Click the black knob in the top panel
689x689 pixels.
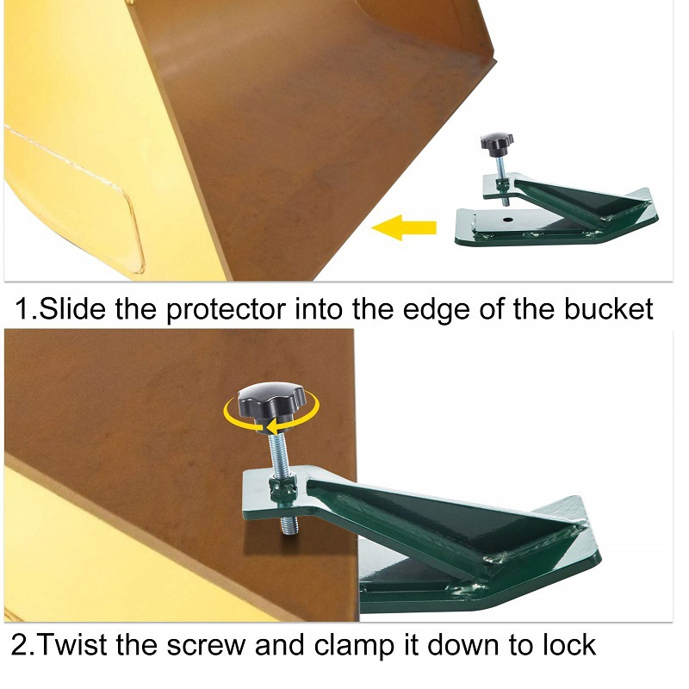[497, 145]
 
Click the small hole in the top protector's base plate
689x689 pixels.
[508, 220]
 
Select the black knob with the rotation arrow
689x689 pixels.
[266, 402]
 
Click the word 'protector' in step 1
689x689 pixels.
[226, 310]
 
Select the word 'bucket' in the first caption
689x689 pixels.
[608, 309]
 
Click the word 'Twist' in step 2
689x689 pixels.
[71, 645]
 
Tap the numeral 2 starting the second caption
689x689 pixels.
[18, 645]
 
